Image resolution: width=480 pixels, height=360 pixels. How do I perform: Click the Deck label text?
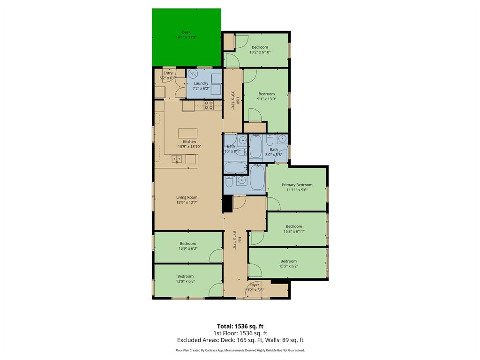[x=186, y=32]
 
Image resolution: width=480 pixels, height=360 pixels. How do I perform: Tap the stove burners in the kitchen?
[x=209, y=105]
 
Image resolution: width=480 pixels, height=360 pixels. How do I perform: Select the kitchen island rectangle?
[x=187, y=133]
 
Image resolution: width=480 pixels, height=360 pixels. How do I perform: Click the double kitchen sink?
[x=177, y=159]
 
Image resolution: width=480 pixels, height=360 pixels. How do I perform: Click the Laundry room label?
[x=201, y=83]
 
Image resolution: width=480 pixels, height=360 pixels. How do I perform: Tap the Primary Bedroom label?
[x=297, y=185]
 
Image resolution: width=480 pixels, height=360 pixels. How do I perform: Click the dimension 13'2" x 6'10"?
[x=260, y=52]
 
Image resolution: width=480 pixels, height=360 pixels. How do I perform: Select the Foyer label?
[x=254, y=285]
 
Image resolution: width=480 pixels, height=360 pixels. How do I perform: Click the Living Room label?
[x=187, y=197]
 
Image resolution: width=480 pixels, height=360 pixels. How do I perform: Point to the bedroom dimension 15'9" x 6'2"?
[x=288, y=266]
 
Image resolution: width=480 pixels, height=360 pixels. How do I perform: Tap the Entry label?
[x=168, y=73]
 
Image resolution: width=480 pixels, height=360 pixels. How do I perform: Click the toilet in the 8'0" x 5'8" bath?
[x=270, y=140]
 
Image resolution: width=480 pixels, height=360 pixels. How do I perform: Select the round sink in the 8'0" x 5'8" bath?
[x=282, y=139]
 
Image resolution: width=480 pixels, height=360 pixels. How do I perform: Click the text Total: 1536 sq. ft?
[x=243, y=326]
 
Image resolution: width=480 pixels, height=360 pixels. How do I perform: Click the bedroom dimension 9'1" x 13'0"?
[x=267, y=99]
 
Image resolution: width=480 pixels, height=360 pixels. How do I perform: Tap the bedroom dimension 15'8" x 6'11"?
[x=294, y=231]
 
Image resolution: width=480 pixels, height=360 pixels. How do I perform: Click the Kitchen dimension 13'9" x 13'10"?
[x=189, y=147]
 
